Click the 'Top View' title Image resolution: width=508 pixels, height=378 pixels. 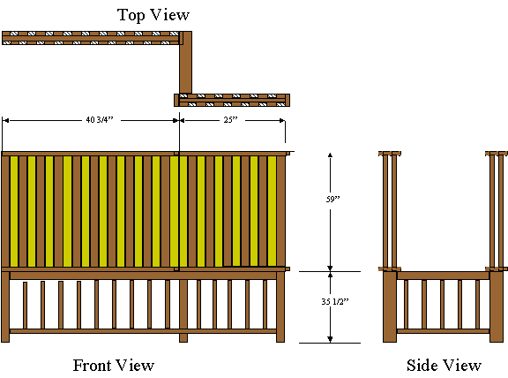[153, 15]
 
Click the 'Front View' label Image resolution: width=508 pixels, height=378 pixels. [114, 366]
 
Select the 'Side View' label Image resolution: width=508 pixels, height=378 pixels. [444, 366]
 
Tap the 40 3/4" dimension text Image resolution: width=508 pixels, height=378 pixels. [100, 120]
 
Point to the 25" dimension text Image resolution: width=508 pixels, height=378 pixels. [230, 120]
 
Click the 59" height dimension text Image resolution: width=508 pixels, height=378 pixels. [332, 199]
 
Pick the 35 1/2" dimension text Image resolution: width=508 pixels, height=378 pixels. [335, 302]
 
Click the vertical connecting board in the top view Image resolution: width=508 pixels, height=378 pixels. [185, 63]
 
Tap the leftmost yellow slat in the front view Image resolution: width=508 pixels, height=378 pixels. [14, 212]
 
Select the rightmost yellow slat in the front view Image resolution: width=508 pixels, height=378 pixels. [272, 211]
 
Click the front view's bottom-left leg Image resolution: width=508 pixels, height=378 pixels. [5, 306]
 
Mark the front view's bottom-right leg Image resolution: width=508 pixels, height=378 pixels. [280, 306]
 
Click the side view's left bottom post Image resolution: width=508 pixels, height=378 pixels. [390, 306]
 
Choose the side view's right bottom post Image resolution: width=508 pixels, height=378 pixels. [497, 306]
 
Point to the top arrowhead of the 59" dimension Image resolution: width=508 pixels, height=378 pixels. [330, 155]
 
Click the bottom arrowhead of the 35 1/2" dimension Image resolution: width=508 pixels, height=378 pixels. [330, 340]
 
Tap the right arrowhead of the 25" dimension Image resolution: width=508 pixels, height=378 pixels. [282, 120]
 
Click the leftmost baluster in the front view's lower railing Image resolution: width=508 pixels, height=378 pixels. [26, 306]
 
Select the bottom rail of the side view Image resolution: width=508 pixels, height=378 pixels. [443, 331]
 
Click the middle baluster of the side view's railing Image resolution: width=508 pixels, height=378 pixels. [442, 305]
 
